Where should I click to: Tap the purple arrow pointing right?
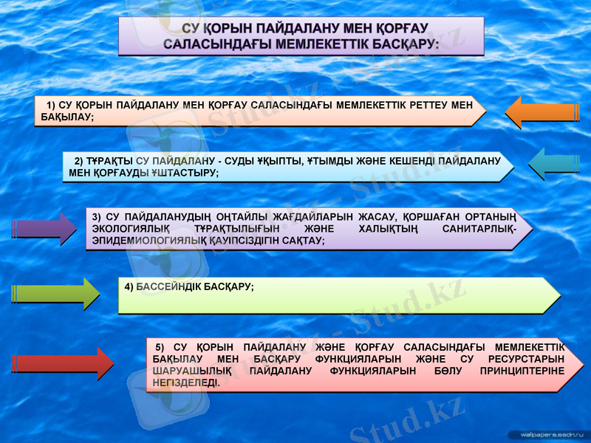[44, 229]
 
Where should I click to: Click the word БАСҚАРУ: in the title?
[403, 44]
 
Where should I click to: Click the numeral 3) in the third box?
[97, 216]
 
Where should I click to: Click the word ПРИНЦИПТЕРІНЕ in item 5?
[522, 371]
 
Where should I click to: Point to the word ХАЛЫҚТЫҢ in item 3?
[378, 229]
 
